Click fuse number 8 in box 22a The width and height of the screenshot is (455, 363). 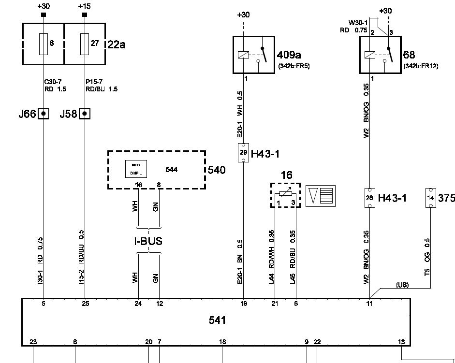click(44, 44)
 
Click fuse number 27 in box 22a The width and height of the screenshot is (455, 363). click(85, 44)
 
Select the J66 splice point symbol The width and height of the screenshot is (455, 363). click(44, 114)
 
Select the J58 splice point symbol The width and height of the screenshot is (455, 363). click(85, 114)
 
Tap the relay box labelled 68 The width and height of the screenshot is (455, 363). click(380, 54)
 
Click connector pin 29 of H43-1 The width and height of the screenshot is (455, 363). click(243, 152)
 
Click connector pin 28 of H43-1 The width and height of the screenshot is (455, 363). click(369, 197)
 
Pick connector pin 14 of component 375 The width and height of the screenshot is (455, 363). click(430, 198)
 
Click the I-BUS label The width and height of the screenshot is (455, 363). click(148, 241)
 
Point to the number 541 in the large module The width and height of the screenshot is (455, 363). click(217, 320)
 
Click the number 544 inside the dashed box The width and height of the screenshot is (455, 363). click(171, 169)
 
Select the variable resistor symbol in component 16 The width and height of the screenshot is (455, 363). click(285, 194)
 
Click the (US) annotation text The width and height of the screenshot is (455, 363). click(402, 285)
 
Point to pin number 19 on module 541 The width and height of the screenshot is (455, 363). click(243, 304)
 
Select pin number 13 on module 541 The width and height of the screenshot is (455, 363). click(401, 342)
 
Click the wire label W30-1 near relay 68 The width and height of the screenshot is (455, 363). click(358, 22)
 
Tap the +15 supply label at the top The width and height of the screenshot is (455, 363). click(85, 6)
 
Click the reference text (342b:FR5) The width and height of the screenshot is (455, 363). click(294, 66)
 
